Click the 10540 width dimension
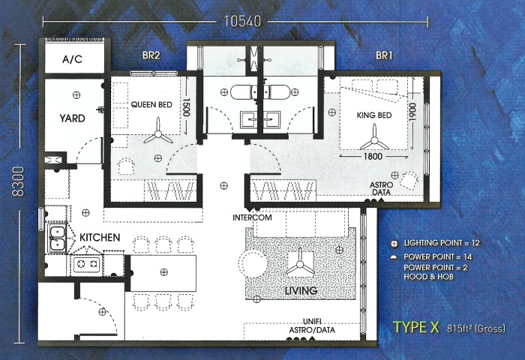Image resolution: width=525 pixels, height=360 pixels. pyautogui.click(x=242, y=21)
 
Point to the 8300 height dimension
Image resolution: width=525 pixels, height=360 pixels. pyautogui.click(x=18, y=181)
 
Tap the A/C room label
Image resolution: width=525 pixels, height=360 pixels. pyautogui.click(x=72, y=59)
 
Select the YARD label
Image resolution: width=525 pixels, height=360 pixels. pyautogui.click(x=72, y=118)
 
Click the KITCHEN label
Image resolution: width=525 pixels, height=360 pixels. pyautogui.click(x=100, y=238)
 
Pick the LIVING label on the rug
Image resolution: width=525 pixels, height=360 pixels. pyautogui.click(x=301, y=290)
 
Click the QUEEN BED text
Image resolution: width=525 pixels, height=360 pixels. pyautogui.click(x=151, y=104)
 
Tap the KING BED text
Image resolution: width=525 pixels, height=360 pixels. pyautogui.click(x=374, y=115)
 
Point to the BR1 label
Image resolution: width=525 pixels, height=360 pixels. pyautogui.click(x=384, y=55)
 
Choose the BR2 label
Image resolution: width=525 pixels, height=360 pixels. pyautogui.click(x=151, y=55)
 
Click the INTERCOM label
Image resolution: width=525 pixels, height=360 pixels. pyautogui.click(x=252, y=217)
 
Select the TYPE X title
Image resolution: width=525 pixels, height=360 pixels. pyautogui.click(x=416, y=327)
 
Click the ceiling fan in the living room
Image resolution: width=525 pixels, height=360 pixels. pyautogui.click(x=300, y=265)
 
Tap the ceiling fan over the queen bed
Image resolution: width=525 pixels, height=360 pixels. pyautogui.click(x=157, y=133)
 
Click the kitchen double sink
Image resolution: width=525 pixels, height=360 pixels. pyautogui.click(x=58, y=238)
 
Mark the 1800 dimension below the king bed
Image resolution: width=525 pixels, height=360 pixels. pyautogui.click(x=373, y=157)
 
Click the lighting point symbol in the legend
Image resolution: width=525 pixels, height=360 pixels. pyautogui.click(x=394, y=244)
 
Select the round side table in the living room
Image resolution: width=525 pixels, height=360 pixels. pyautogui.click(x=253, y=265)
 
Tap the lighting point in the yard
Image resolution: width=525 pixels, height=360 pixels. pyautogui.click(x=76, y=95)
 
